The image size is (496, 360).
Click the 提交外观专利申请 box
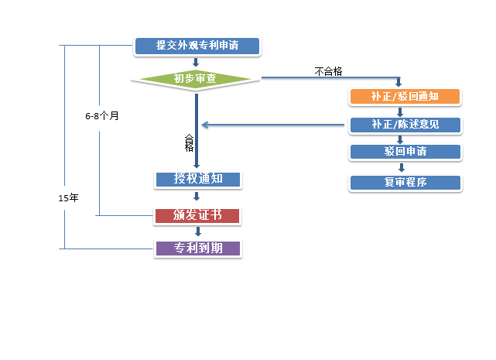coord(197,46)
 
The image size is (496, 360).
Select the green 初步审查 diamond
coord(196,79)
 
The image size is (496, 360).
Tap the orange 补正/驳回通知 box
coord(405,97)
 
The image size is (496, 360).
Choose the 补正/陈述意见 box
coord(405,125)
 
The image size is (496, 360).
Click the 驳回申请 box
coord(405,152)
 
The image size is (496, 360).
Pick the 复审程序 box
coord(405,183)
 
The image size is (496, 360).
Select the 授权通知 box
coord(198,180)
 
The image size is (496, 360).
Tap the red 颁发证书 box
coord(197,216)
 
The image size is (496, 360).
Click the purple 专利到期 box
coord(198,249)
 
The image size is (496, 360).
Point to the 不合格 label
coord(328,71)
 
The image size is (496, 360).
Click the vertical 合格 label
coord(189,142)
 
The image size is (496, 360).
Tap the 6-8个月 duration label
coord(102,116)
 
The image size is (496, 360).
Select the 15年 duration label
coord(68,198)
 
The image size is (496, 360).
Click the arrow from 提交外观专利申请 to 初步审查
coord(196,62)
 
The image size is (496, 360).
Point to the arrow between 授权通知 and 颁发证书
coord(197,197)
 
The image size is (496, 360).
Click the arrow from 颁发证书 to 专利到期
coord(198,231)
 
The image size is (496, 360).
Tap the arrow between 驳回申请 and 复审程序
coord(402,167)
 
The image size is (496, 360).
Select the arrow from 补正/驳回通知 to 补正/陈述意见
coord(400,112)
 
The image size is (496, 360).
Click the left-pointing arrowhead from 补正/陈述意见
coord(205,125)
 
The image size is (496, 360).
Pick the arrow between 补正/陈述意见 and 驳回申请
coord(400,139)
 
